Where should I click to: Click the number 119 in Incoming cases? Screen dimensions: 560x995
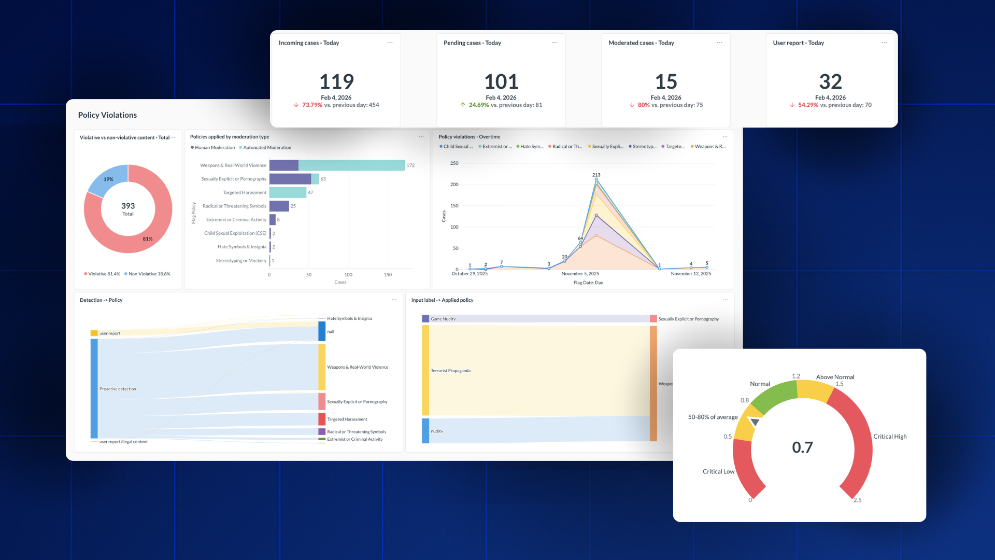pyautogui.click(x=336, y=81)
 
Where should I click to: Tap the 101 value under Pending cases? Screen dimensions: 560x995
pyautogui.click(x=501, y=81)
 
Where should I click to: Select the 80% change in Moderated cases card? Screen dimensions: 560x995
pyautogui.click(x=643, y=105)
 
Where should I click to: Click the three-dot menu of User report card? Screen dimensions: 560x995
pyautogui.click(x=884, y=43)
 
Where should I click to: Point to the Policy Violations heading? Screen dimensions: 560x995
pyautogui.click(x=107, y=115)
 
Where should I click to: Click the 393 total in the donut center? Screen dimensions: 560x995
pyautogui.click(x=128, y=206)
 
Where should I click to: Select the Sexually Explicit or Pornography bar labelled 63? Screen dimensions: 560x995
pyautogui.click(x=293, y=179)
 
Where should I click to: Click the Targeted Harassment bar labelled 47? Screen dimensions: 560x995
pyautogui.click(x=288, y=192)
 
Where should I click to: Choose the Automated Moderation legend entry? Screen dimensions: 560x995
pyautogui.click(x=267, y=148)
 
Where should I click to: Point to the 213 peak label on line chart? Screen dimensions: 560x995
pyautogui.click(x=596, y=175)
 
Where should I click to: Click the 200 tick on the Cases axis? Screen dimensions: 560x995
pyautogui.click(x=454, y=185)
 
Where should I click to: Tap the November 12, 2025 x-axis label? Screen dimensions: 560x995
pyautogui.click(x=691, y=274)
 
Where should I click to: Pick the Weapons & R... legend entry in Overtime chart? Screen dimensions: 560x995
pyautogui.click(x=709, y=147)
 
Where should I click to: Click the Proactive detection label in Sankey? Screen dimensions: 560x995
pyautogui.click(x=118, y=389)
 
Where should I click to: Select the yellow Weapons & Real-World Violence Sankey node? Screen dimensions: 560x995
pyautogui.click(x=322, y=367)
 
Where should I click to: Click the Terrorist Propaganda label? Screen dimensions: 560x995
pyautogui.click(x=450, y=371)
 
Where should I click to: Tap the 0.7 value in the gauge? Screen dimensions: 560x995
pyautogui.click(x=802, y=447)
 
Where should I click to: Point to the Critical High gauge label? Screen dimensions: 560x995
pyautogui.click(x=890, y=437)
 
